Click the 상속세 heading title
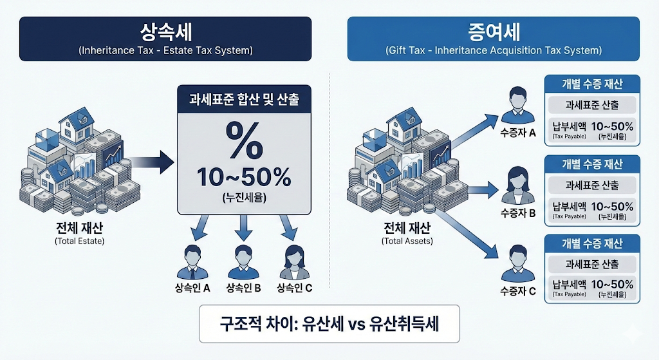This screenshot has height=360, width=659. pyautogui.click(x=165, y=32)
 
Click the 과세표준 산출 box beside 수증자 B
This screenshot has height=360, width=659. pyautogui.click(x=591, y=185)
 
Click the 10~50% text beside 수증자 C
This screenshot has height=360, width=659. pyautogui.click(x=611, y=285)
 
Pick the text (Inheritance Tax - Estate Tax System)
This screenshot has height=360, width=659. pyautogui.click(x=165, y=50)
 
